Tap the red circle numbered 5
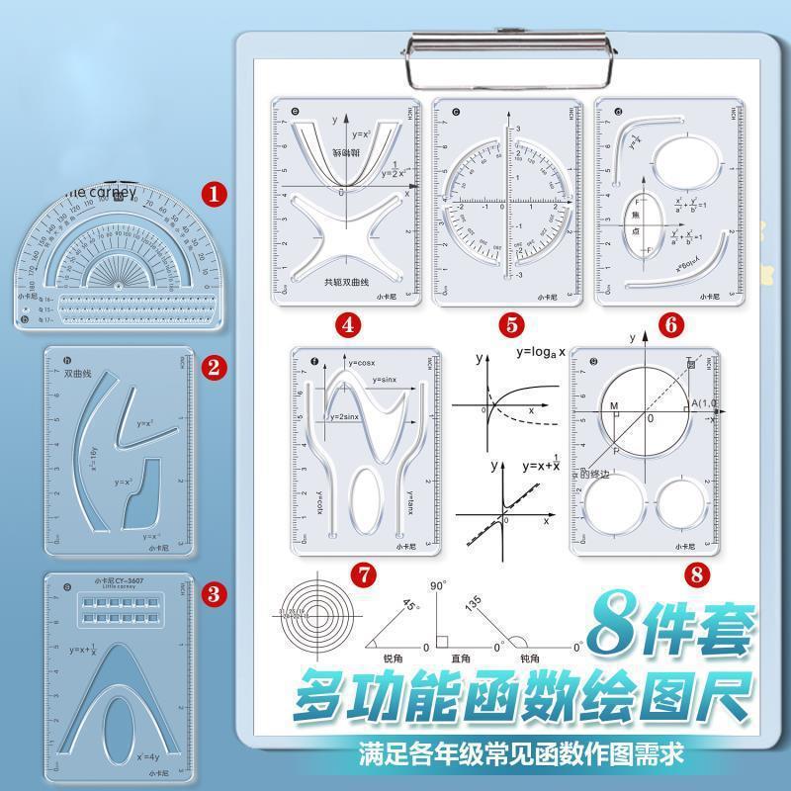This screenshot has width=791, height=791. tap(510, 323)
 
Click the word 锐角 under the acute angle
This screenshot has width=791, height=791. tap(396, 659)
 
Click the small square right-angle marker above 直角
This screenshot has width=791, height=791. tap(443, 641)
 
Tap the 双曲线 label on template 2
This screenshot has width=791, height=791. tap(78, 375)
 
